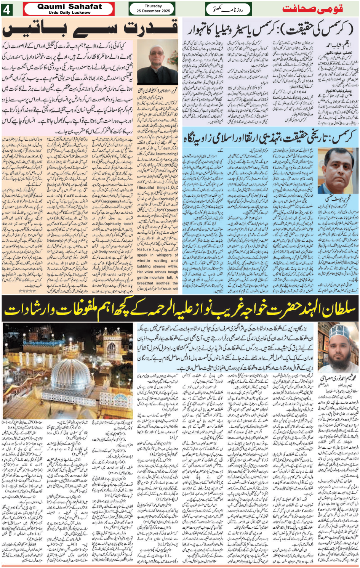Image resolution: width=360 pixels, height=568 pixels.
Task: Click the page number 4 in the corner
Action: tap(6, 10)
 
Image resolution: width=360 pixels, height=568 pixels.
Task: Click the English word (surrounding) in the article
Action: tap(166, 154)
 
